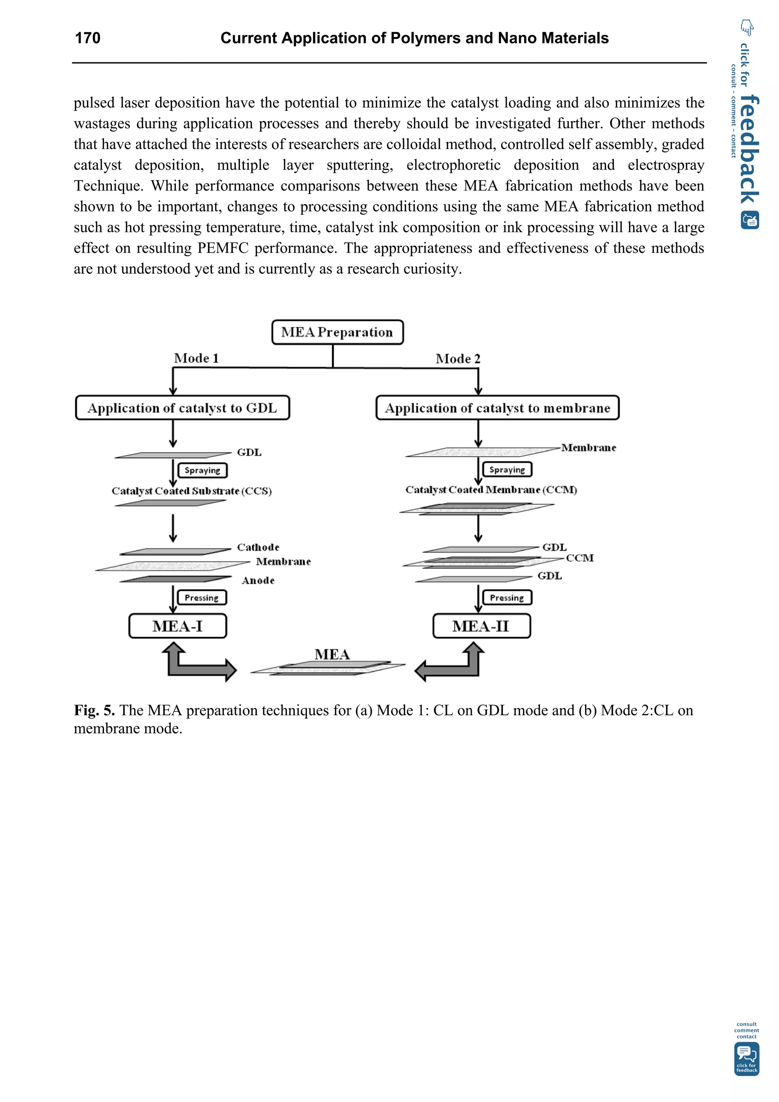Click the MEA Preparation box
(x=337, y=332)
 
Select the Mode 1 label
(x=196, y=358)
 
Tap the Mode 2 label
(x=458, y=359)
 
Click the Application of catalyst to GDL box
(x=183, y=408)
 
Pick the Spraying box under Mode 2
(x=507, y=469)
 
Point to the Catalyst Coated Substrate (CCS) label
(x=191, y=491)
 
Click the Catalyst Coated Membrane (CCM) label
(x=491, y=489)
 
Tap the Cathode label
(x=258, y=547)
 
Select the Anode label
(x=258, y=581)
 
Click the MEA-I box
(x=178, y=626)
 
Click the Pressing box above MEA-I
(x=202, y=597)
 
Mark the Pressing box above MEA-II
(x=507, y=597)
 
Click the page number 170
(x=87, y=38)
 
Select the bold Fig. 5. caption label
(x=94, y=710)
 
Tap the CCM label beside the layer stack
(x=579, y=558)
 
